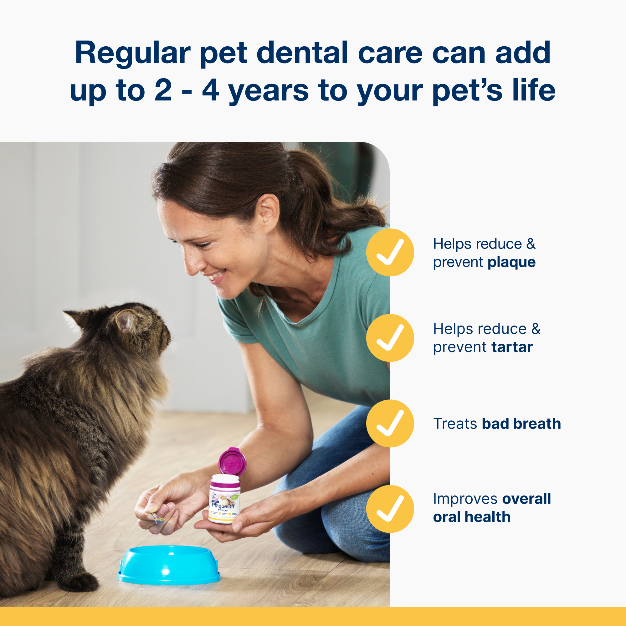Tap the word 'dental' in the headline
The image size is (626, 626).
tap(302, 53)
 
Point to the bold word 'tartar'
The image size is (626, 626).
tap(512, 347)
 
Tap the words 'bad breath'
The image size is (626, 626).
tap(521, 424)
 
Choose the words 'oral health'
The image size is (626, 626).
tap(471, 517)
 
